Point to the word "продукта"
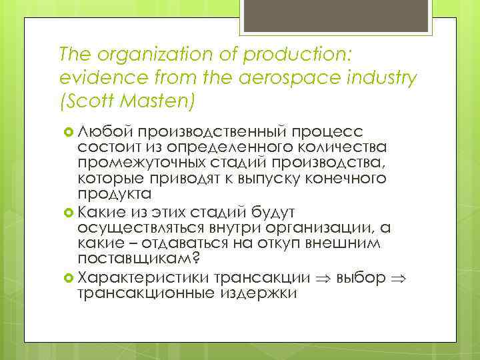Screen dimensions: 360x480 (114, 193)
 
